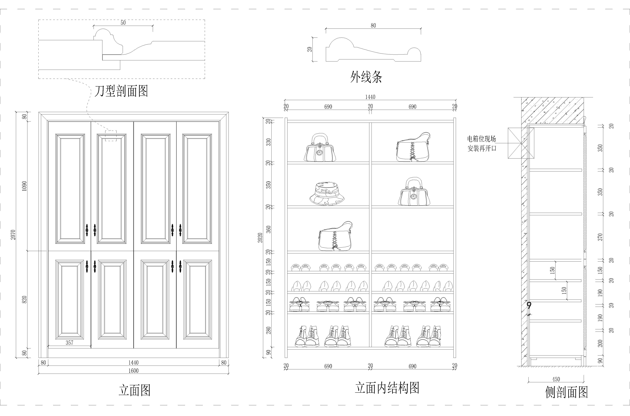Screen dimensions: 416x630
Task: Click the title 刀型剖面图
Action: [121, 91]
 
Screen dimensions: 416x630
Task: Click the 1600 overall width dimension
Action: [133, 371]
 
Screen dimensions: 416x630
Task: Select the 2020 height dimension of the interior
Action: [260, 237]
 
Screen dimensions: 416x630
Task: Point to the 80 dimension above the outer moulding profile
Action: [373, 26]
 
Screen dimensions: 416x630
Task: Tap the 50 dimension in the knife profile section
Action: [123, 23]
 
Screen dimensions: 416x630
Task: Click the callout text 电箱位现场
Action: [481, 139]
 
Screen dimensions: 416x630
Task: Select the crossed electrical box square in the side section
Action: [521, 143]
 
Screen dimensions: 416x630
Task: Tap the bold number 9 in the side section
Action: [529, 306]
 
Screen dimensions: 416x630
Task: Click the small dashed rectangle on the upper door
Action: [111, 136]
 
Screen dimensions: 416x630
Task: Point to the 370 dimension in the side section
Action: [600, 237]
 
